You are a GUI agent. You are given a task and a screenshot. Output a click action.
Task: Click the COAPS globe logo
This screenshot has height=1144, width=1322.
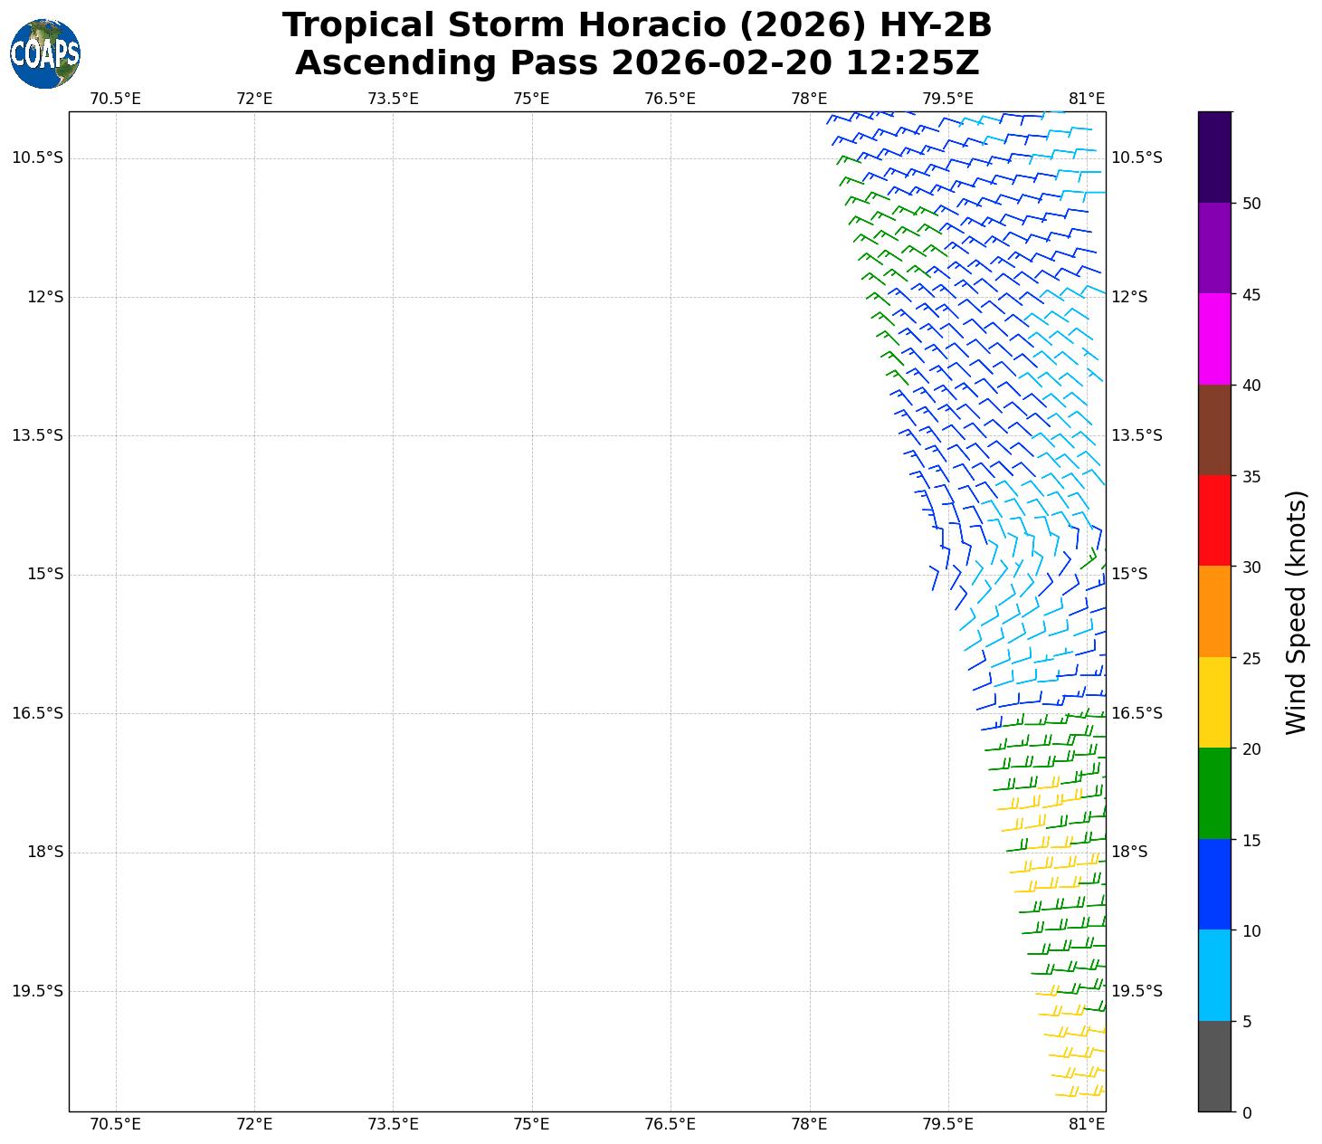click(45, 54)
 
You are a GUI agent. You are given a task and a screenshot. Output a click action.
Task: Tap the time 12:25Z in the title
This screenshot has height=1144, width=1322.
click(912, 63)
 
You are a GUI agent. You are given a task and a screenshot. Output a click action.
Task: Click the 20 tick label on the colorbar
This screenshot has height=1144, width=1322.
click(1251, 749)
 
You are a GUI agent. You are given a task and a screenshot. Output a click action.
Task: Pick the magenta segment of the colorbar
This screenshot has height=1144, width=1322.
click(1214, 338)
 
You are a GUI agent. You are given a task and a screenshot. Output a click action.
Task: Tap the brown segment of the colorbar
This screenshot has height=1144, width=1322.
click(1214, 430)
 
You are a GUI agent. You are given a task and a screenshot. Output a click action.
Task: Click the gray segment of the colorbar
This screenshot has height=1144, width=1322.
click(1214, 1066)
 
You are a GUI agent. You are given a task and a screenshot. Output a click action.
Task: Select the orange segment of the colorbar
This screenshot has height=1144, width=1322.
click(1214, 612)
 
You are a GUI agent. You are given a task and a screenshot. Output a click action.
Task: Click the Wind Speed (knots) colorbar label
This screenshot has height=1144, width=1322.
click(1296, 612)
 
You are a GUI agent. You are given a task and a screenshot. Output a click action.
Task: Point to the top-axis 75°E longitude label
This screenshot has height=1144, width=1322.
click(531, 99)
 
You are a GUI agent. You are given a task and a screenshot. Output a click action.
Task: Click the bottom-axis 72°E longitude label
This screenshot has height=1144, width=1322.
click(254, 1124)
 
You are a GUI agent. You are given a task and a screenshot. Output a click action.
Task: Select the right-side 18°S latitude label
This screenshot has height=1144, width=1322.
click(1129, 852)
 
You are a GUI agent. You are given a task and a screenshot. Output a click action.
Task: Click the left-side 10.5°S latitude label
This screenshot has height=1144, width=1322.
click(38, 158)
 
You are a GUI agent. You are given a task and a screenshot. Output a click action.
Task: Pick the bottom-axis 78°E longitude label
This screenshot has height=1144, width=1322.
click(809, 1124)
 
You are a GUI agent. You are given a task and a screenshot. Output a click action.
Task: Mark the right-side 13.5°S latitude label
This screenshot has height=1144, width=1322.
click(1136, 435)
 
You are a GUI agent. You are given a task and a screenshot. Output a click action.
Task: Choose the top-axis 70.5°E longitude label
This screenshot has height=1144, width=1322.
click(116, 99)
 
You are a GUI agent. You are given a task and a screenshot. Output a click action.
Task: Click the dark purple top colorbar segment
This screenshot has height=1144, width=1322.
click(1214, 157)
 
